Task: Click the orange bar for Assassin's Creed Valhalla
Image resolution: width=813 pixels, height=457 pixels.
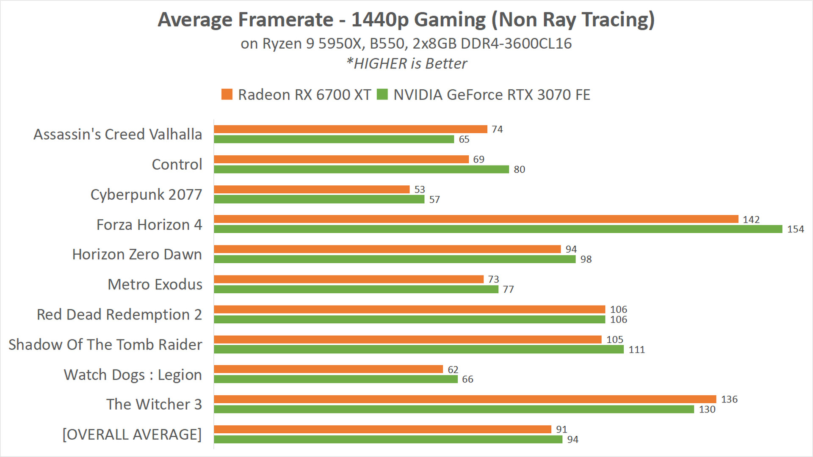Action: point(351,129)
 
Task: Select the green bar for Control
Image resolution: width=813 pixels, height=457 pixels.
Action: point(361,169)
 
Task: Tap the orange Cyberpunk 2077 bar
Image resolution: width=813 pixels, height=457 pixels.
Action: point(312,189)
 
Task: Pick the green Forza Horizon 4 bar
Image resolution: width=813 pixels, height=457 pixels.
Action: point(498,229)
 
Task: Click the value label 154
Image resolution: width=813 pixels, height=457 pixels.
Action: point(795,229)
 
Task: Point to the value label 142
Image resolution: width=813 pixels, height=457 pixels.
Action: point(751,219)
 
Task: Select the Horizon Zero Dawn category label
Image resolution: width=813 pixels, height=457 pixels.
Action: point(137,254)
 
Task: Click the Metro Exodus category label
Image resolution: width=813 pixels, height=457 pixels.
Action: point(155,284)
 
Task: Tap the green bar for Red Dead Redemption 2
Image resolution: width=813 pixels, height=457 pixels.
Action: point(409,319)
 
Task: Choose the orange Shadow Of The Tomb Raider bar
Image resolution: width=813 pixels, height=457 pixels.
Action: point(407,339)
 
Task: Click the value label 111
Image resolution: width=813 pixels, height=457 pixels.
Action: point(636,350)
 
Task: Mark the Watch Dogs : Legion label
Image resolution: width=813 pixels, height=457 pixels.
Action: point(133,375)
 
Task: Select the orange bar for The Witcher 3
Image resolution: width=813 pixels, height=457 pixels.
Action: point(465,399)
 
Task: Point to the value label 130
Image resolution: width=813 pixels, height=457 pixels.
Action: point(707,409)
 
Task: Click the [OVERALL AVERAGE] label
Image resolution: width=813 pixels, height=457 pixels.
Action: point(132,435)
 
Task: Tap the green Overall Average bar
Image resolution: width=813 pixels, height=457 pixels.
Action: point(388,439)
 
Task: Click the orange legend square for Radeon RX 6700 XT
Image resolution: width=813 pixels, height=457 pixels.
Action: point(227,94)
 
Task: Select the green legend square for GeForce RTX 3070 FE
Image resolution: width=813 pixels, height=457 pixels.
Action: point(382,94)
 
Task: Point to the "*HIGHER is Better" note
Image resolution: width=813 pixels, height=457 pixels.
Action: point(406,63)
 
